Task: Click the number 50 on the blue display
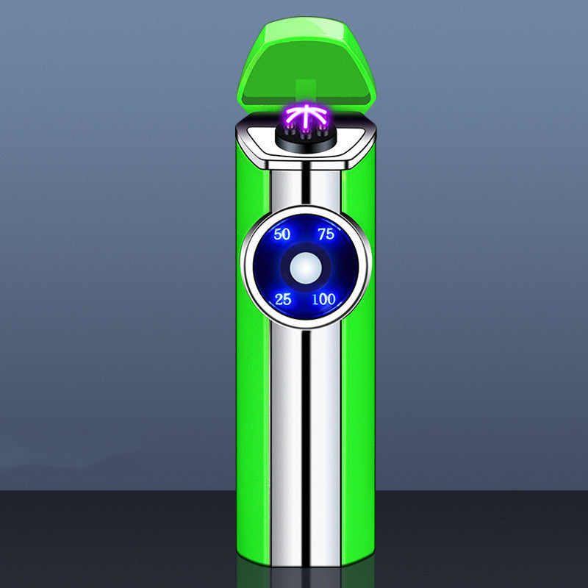coord(282,234)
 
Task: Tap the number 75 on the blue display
coord(326,234)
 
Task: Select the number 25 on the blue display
coord(283,299)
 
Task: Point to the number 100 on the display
coord(323,299)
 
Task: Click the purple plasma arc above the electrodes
coord(306,115)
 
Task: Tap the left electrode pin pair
coord(290,132)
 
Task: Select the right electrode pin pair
coord(321,132)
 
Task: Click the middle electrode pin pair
coord(306,135)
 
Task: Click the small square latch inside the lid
coord(306,90)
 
